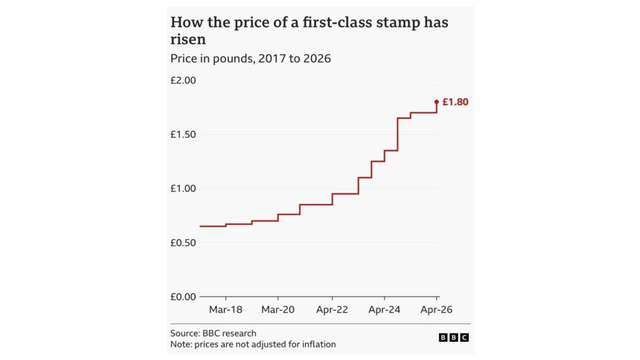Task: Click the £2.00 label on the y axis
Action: [x=183, y=81]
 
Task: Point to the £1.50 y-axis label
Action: [x=183, y=134]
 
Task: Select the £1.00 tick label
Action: [x=183, y=189]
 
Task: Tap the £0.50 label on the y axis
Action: [x=183, y=242]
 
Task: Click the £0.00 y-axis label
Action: [x=183, y=297]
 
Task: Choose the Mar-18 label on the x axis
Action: [x=226, y=309]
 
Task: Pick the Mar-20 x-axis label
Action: [x=277, y=309]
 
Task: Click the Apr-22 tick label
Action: [x=332, y=309]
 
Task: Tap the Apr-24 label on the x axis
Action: [x=384, y=309]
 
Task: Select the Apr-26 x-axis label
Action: [x=436, y=309]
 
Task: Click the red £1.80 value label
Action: [x=455, y=102]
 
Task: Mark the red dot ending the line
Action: [x=436, y=102]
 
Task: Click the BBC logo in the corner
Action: [x=453, y=337]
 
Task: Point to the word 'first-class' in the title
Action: [x=336, y=22]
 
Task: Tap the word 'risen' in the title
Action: [x=188, y=40]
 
